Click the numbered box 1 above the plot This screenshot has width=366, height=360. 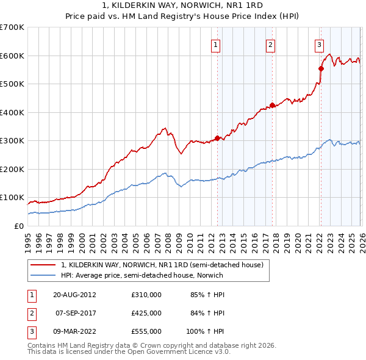click(x=217, y=44)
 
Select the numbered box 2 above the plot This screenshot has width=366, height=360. click(x=270, y=44)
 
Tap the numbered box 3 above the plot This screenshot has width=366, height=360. click(x=319, y=44)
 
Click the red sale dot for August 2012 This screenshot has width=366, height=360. click(x=217, y=138)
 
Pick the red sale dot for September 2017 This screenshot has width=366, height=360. click(x=272, y=105)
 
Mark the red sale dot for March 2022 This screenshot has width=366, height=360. click(x=321, y=68)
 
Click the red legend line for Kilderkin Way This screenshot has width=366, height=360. click(x=43, y=265)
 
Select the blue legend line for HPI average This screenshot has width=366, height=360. click(x=43, y=275)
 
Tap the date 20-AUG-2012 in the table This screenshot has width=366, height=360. click(x=74, y=295)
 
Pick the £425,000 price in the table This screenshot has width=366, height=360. click(x=146, y=313)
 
